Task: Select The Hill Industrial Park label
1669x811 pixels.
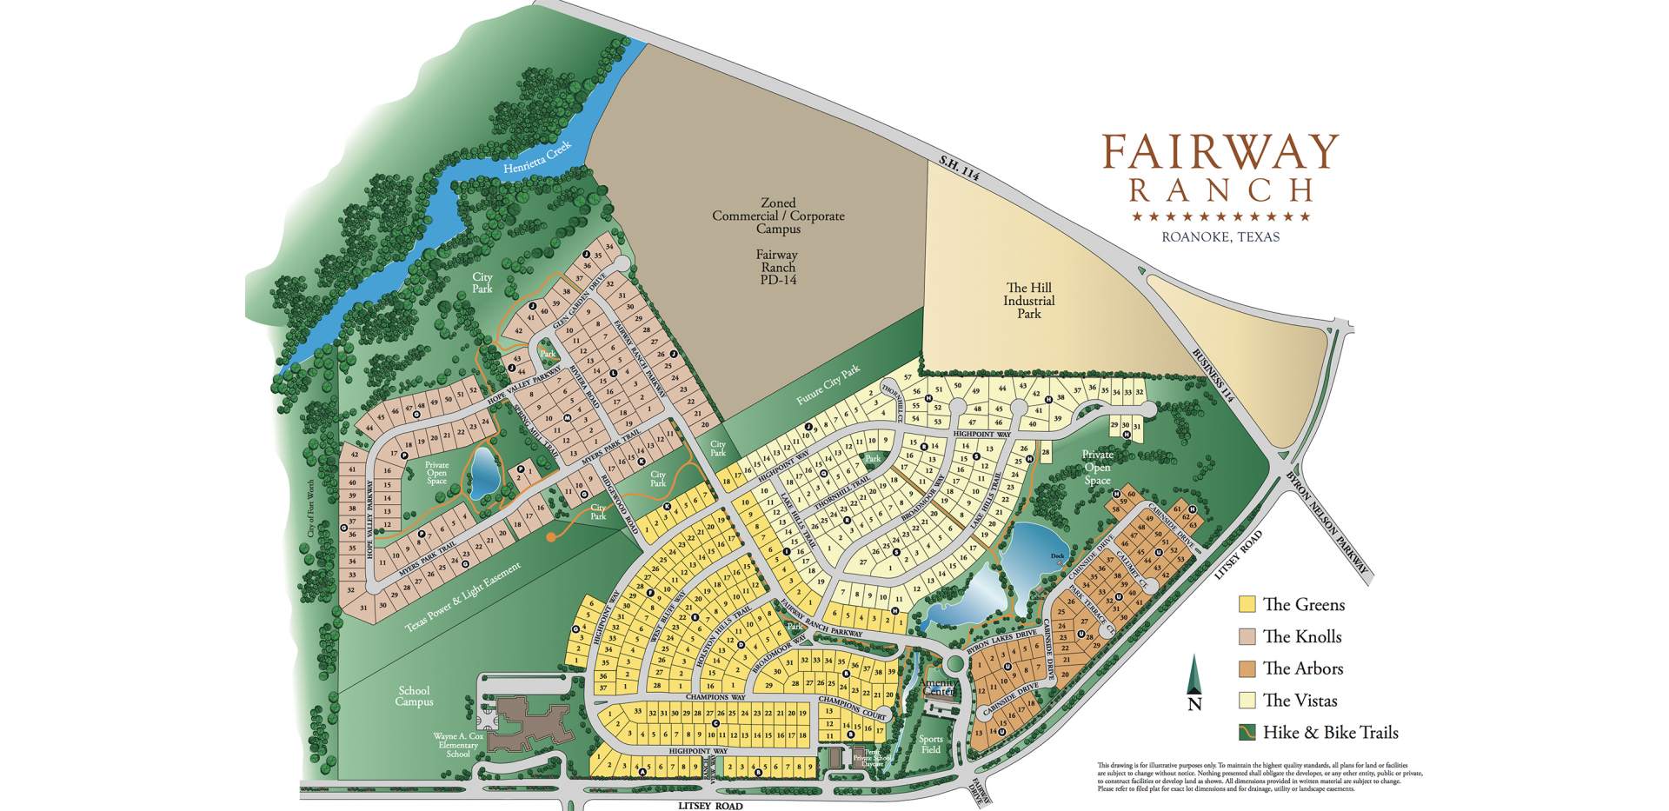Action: coord(1029,301)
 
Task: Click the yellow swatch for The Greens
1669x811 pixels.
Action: coord(1247,604)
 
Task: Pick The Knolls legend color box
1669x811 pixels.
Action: coord(1247,636)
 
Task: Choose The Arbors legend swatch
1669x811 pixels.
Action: coord(1247,668)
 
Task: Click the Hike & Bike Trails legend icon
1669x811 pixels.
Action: coord(1247,732)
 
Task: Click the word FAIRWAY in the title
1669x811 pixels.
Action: coord(1220,153)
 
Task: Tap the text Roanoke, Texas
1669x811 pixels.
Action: coord(1220,236)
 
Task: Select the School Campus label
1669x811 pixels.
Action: coord(414,696)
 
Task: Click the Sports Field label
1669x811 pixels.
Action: coord(930,744)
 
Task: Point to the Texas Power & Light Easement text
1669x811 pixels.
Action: coord(462,599)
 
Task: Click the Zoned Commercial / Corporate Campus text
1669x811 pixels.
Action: coord(777,216)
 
